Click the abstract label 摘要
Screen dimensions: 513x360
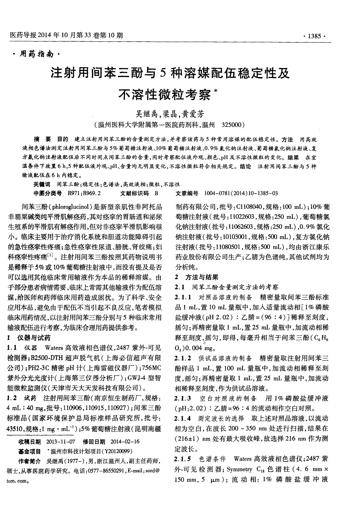tap(42, 139)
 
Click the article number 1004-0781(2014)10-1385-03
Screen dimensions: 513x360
tap(241, 193)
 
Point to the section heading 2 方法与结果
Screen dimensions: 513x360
tap(197, 277)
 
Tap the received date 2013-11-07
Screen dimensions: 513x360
tap(61, 441)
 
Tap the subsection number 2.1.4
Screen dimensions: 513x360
tap(182, 419)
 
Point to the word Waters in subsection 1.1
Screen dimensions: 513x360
tap(53, 348)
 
